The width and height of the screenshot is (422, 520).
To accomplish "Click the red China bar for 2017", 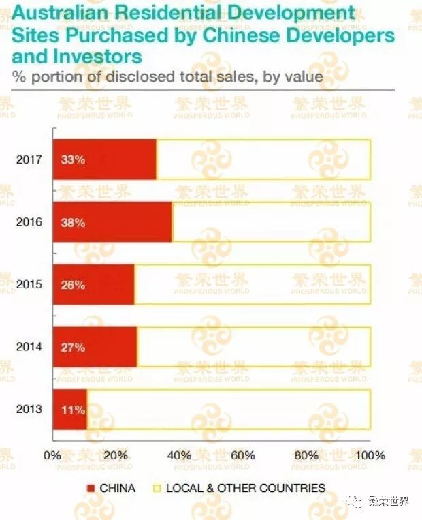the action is pos(105,159).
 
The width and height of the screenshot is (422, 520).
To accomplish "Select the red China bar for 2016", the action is pos(112,222).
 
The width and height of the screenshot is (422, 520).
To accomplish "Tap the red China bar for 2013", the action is pos(70,410).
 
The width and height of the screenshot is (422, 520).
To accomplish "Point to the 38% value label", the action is pos(74,223).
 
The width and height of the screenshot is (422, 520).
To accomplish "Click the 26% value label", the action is pos(74,285).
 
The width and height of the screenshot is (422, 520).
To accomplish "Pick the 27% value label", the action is pos(74,347).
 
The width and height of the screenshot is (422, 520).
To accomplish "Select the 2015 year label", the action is pos(29,284).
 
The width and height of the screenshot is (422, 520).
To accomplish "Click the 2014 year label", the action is pos(29,347).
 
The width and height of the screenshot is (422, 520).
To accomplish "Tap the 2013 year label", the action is pos(29,409).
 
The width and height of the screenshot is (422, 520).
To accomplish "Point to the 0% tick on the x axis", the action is pos(52,455).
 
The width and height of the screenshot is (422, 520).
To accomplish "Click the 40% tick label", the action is pos(179,455).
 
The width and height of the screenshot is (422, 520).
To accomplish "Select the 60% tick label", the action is pos(243,455).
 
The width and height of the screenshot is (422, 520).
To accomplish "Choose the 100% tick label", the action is pos(370,455).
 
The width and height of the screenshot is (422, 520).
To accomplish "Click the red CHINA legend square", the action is pos(91,488).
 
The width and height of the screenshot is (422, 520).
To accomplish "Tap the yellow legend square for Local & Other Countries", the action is pos(157,488).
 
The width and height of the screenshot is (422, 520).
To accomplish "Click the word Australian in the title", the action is pos(60,13).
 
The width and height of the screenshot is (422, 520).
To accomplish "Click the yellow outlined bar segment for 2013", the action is pos(229,410).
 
